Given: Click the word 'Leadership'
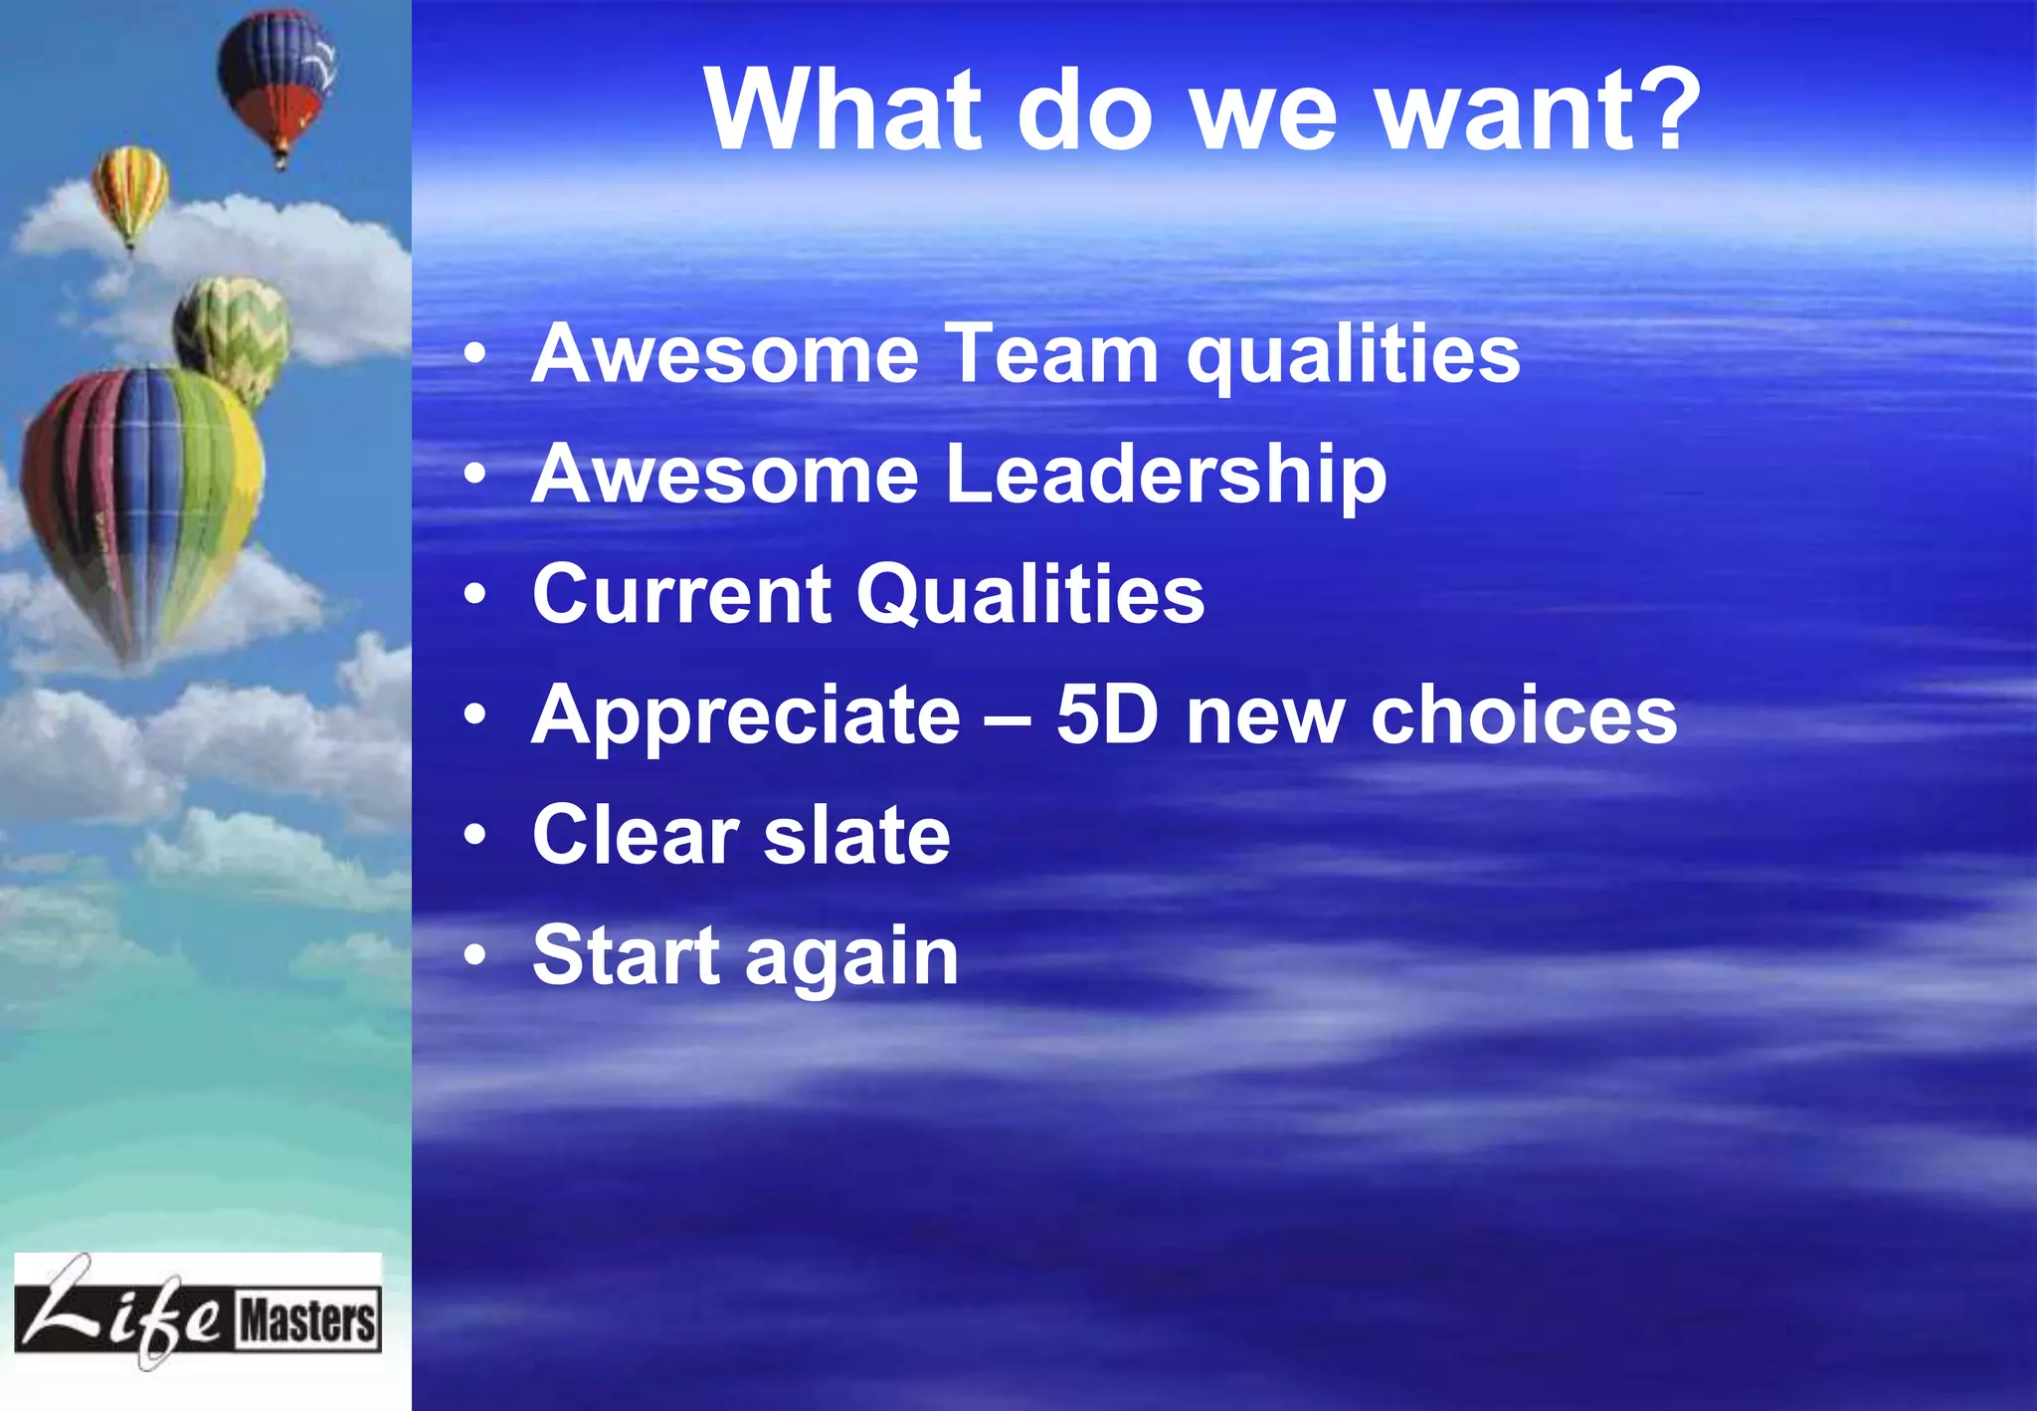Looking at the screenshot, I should pos(1166,474).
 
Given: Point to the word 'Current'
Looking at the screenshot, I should pos(681,594).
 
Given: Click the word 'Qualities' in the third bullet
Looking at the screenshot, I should pos(1030,594).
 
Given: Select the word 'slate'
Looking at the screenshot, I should pos(856,835).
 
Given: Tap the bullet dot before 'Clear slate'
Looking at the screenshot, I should pos(475,835).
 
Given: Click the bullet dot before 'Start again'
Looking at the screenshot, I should pos(475,955).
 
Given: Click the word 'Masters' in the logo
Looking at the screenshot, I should pos(308,1320).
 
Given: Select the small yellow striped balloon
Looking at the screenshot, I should pos(130,191).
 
